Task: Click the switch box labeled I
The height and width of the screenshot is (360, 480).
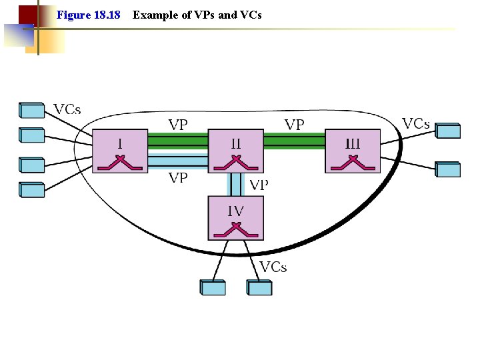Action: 119,151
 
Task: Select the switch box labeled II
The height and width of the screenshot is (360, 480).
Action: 236,151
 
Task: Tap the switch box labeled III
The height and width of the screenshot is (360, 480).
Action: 353,151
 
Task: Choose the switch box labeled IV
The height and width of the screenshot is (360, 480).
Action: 236,218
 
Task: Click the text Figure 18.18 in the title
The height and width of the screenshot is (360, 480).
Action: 89,14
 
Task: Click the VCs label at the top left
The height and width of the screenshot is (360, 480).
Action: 67,109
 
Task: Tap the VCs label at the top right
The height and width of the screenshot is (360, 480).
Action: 416,124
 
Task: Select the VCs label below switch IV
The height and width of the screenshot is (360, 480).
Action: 273,267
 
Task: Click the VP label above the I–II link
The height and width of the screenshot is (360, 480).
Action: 178,125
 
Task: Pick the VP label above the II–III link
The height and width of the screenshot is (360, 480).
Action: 295,125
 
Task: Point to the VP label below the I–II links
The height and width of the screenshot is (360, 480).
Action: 178,177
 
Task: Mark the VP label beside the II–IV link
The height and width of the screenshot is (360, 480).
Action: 259,185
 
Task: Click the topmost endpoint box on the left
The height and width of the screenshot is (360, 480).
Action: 31,109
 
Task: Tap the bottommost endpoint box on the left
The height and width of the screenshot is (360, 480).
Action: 31,189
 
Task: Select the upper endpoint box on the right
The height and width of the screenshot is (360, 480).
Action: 447,131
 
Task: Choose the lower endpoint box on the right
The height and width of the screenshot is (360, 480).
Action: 447,169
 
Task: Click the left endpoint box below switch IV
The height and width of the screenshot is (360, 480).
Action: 213,287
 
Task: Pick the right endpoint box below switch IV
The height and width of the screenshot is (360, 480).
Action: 259,287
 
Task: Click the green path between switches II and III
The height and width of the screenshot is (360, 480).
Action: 294,140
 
